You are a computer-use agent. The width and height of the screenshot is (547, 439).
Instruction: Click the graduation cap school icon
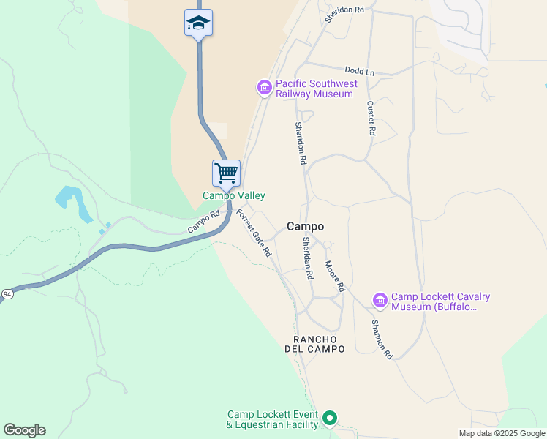click(x=198, y=23)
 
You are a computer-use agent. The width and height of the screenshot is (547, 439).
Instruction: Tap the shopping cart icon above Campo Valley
click(x=227, y=173)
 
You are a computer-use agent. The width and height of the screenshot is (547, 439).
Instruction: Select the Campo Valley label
click(x=234, y=196)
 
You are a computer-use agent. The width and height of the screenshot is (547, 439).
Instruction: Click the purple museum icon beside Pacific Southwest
click(x=264, y=89)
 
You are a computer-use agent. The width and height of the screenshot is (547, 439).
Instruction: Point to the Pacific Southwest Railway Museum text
click(x=317, y=89)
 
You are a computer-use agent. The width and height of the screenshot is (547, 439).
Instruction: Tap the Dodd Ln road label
click(x=359, y=71)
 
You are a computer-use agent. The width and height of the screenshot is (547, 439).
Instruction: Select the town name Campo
click(x=305, y=227)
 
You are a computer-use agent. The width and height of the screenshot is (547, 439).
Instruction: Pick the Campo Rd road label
click(x=203, y=222)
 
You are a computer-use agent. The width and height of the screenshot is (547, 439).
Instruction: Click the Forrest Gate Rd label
click(x=254, y=233)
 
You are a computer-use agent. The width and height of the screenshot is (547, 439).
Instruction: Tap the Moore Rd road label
click(x=334, y=277)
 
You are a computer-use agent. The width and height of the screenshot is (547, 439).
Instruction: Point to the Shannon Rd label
click(x=382, y=339)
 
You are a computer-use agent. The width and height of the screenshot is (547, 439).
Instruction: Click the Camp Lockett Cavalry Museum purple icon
click(x=380, y=301)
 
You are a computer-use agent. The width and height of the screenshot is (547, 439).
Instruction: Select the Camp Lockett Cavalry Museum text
click(x=440, y=301)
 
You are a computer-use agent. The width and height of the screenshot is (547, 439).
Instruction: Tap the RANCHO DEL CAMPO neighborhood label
click(x=314, y=345)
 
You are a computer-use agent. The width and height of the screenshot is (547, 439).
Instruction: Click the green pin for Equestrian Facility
click(x=330, y=419)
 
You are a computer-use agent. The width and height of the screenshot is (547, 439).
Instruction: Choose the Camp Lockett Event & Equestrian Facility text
click(x=273, y=419)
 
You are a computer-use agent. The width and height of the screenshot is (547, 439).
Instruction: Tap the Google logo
click(x=24, y=429)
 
